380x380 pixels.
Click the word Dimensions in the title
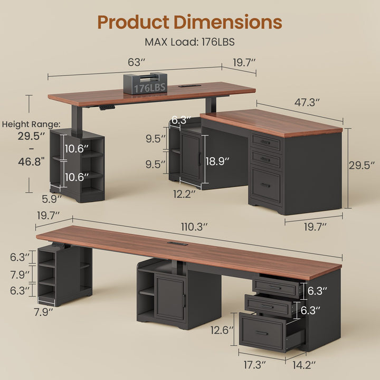pyautogui.click(x=228, y=22)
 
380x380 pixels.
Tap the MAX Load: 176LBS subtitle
pyautogui.click(x=189, y=42)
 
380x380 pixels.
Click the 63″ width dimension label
pyautogui.click(x=136, y=62)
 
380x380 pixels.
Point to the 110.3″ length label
pyautogui.click(x=194, y=227)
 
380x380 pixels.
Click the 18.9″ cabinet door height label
pyautogui.click(x=217, y=161)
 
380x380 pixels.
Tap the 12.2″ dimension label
pyautogui.click(x=184, y=194)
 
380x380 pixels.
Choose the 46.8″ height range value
pyautogui.click(x=32, y=161)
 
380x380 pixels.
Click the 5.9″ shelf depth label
pyautogui.click(x=52, y=199)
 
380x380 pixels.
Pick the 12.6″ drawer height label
pyautogui.click(x=222, y=330)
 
